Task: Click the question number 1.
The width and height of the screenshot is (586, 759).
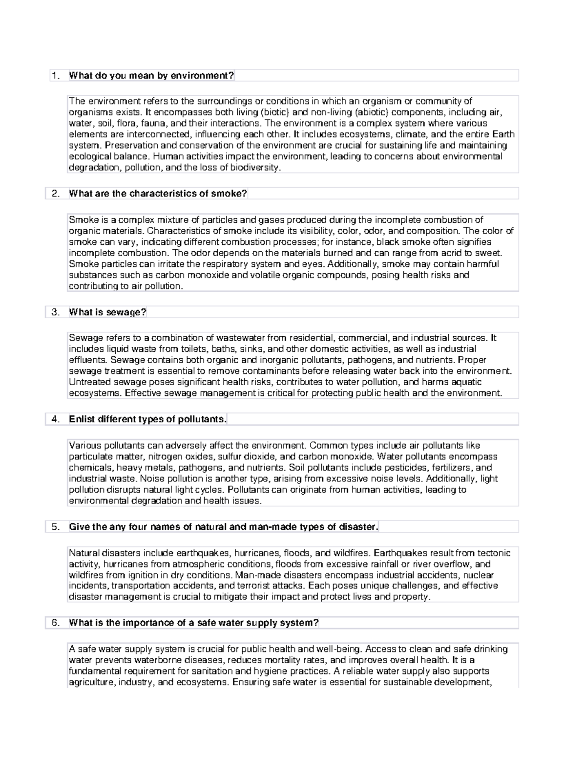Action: coord(56,75)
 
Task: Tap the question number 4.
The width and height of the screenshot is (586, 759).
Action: coord(56,419)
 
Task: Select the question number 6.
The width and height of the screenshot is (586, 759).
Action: coord(56,623)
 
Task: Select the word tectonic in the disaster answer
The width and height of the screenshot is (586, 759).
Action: coord(494,553)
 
